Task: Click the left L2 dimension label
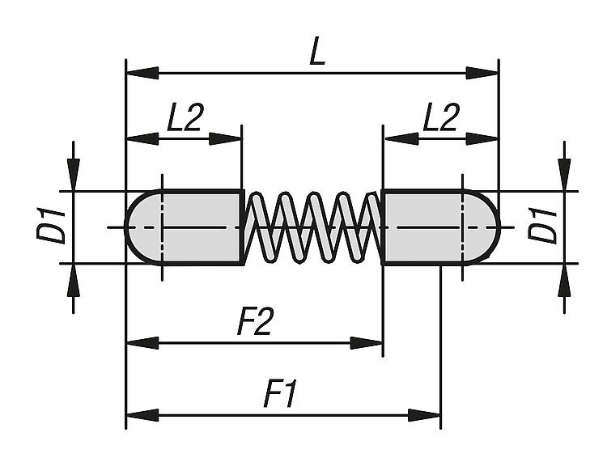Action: coord(185,120)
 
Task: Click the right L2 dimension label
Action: coord(441,120)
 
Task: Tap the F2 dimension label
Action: coord(254,323)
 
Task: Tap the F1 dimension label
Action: coord(282,396)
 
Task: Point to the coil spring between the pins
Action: coord(312,227)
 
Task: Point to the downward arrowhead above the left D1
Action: coord(74,173)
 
